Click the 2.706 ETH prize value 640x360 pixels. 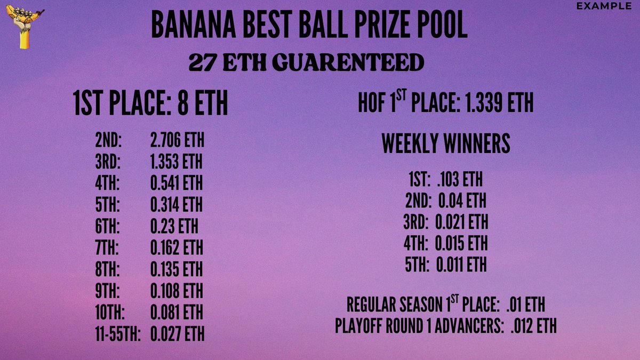(177, 142)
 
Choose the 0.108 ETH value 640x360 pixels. (177, 291)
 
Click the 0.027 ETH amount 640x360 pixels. (177, 334)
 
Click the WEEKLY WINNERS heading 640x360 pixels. (446, 144)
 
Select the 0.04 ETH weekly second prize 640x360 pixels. (462, 201)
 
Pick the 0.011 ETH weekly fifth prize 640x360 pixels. (461, 265)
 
